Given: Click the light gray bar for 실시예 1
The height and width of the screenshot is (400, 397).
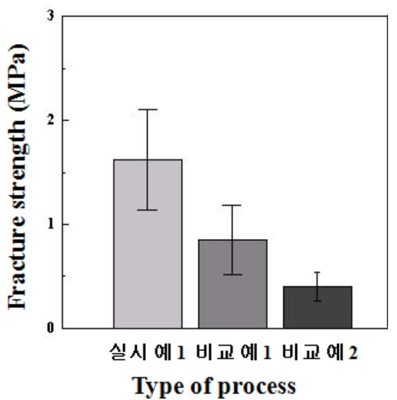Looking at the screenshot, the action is [x=148, y=244].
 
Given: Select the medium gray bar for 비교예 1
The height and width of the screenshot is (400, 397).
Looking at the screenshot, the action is [x=233, y=284].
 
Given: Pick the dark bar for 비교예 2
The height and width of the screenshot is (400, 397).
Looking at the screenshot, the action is [x=318, y=307].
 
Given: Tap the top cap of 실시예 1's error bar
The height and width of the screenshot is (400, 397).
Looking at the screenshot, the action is [x=147, y=109].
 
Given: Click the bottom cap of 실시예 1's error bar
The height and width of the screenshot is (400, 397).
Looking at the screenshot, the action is [x=147, y=210].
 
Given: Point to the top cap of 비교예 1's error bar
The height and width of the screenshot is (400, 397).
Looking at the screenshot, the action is [x=233, y=205].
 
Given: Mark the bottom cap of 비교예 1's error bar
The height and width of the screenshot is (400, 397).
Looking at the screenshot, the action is [x=233, y=275].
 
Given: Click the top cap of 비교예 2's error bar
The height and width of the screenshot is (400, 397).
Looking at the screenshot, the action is [x=317, y=272].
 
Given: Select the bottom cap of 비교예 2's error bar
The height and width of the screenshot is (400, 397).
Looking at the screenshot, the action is [x=317, y=301].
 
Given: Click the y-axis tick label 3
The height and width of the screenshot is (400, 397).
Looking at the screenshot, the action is [x=51, y=16].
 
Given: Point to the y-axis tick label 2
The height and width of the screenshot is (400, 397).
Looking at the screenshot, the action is [x=51, y=120].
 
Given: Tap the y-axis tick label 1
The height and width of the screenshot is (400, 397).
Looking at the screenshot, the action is [x=51, y=224].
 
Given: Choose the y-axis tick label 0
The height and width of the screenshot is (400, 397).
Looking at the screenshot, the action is [x=51, y=328].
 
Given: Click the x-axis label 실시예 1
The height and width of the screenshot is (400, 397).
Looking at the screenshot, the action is [x=147, y=352].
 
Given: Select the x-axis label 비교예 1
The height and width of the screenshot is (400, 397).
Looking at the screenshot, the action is [x=233, y=352].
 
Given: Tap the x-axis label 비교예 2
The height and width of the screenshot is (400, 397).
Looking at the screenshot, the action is [x=319, y=352].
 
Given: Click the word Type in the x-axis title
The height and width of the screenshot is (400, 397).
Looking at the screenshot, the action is [x=158, y=386].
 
